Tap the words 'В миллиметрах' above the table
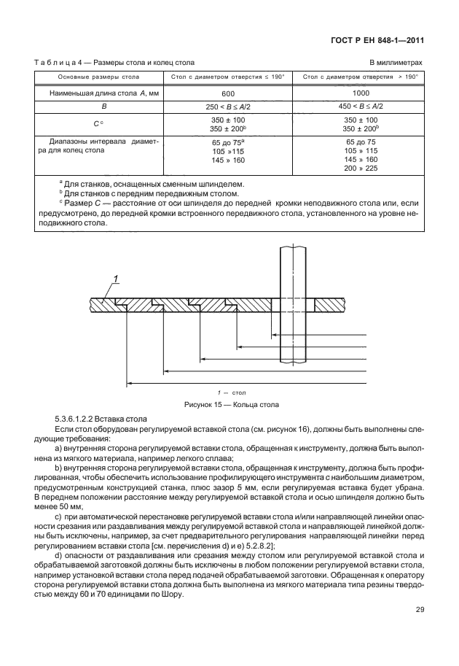tap(396, 63)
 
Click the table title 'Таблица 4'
tap(62, 63)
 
